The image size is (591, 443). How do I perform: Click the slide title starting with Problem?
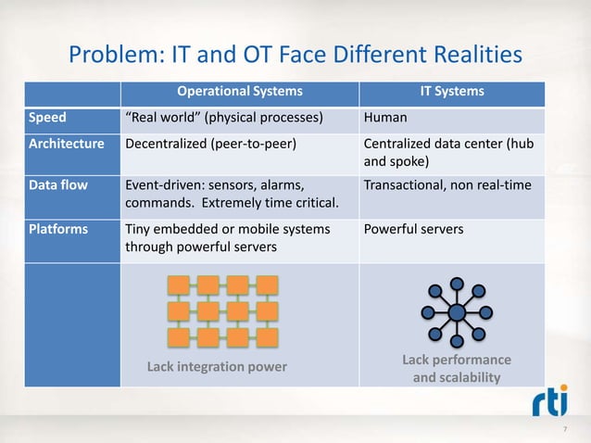295,57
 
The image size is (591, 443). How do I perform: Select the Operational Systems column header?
239,92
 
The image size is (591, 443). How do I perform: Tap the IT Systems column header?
452,92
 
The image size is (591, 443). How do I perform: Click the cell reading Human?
384,119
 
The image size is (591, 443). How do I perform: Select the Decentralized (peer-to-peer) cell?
211,145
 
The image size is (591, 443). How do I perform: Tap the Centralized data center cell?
448,153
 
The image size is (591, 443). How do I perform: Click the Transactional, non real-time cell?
447,185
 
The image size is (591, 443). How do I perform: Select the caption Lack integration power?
218,367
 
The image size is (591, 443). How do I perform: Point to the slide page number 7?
566,431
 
